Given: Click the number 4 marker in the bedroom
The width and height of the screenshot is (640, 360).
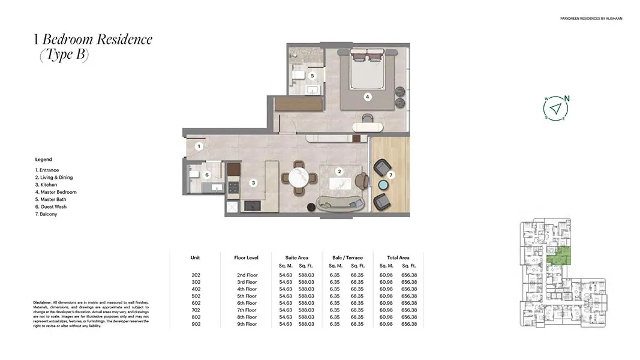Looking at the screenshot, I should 367,96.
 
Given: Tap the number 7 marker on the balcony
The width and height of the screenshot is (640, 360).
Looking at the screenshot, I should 390,175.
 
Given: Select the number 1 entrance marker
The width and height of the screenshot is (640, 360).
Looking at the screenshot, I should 200,146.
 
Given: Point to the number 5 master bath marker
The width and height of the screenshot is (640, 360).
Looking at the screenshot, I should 312,76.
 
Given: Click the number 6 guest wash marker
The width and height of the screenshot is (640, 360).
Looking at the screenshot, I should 207,175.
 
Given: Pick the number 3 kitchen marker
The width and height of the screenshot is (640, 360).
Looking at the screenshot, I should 253,182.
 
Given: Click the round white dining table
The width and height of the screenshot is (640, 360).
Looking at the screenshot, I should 299,178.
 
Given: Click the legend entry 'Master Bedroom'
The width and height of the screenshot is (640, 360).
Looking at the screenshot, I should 56,192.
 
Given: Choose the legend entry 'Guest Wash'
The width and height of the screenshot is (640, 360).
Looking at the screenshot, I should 52,206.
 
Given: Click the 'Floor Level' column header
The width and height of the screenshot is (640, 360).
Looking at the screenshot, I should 246,257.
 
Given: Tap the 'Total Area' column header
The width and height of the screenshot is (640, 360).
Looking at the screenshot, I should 398,257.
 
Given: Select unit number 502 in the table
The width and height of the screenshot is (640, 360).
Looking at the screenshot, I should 196,296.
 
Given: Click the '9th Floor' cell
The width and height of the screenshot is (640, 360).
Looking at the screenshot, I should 247,324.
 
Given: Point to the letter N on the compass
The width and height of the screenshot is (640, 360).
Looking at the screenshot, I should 567,100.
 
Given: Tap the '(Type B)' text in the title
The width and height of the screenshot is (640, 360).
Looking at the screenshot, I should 64,55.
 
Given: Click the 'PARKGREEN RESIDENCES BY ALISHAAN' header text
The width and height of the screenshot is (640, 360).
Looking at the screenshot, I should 590,19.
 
